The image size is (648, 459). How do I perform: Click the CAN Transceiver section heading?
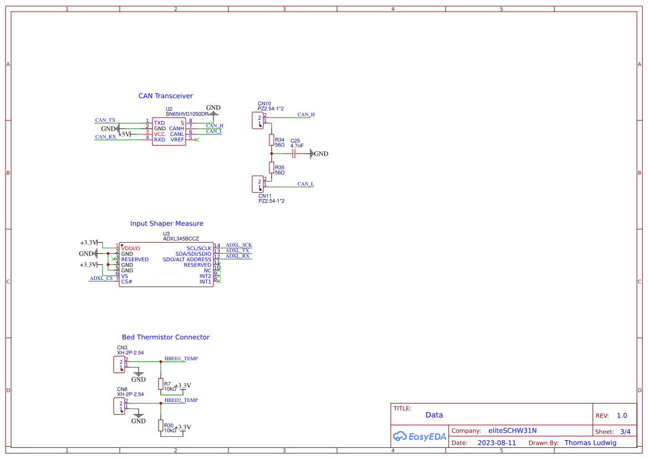(x=165, y=96)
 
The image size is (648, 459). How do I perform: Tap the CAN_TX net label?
(x=105, y=120)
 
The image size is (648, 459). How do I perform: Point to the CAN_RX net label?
(x=105, y=136)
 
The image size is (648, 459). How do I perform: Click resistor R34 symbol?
(x=272, y=139)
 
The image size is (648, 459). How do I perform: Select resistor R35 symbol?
(x=272, y=167)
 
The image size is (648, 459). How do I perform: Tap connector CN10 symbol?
(x=258, y=120)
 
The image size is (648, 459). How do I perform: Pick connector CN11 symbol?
(x=258, y=183)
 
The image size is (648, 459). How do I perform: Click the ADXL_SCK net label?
(x=238, y=244)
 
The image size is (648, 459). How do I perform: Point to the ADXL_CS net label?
(x=101, y=278)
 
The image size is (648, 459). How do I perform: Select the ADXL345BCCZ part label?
(x=181, y=238)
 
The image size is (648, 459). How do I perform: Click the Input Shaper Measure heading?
(x=166, y=223)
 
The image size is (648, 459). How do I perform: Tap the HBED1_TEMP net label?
(x=181, y=359)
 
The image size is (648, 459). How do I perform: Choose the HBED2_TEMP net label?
(x=181, y=400)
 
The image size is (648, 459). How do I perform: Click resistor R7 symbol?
(x=161, y=384)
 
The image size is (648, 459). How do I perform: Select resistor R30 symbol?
(x=161, y=425)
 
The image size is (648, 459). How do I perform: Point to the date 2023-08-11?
(x=497, y=443)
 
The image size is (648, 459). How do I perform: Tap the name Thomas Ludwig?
(x=590, y=443)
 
